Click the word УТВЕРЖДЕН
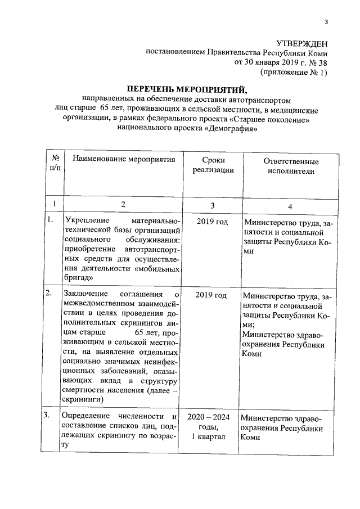(302, 44)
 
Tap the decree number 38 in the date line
(322, 62)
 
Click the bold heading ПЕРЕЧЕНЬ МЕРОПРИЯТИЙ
(186, 89)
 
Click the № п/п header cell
(54, 165)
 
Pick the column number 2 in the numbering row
(123, 204)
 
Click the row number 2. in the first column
(49, 293)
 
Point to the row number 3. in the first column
(49, 416)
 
